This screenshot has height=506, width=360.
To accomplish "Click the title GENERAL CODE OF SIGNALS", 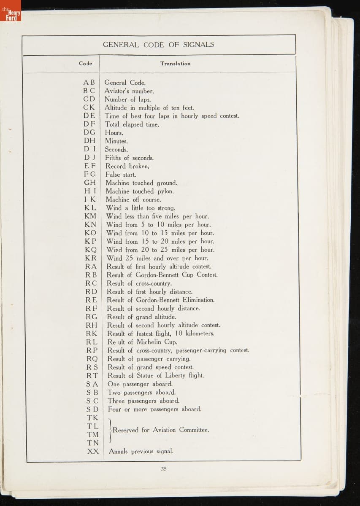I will click(x=158, y=45).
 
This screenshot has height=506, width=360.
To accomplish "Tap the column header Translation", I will click(x=175, y=64).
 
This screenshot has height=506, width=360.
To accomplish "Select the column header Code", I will click(x=85, y=64).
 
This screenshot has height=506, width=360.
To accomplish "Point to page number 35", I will click(x=164, y=468).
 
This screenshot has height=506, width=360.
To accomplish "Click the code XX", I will click(x=93, y=451).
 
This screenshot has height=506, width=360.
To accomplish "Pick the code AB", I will click(x=89, y=83).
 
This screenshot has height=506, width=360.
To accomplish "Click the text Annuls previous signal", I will click(x=141, y=451).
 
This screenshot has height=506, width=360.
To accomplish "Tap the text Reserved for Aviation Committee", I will click(x=160, y=430).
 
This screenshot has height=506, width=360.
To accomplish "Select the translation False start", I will click(x=121, y=175).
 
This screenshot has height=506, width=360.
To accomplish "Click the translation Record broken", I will click(x=127, y=166).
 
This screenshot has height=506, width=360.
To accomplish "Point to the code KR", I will click(x=90, y=258).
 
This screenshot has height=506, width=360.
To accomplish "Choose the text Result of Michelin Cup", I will click(x=142, y=342).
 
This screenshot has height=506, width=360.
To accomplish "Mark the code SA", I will click(x=92, y=384).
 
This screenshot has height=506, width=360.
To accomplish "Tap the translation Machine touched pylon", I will click(x=140, y=191).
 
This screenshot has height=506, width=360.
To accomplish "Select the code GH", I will click(x=90, y=183).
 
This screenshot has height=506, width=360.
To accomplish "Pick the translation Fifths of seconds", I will click(x=129, y=158).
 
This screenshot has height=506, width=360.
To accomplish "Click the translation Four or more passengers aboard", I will click(x=154, y=409).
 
